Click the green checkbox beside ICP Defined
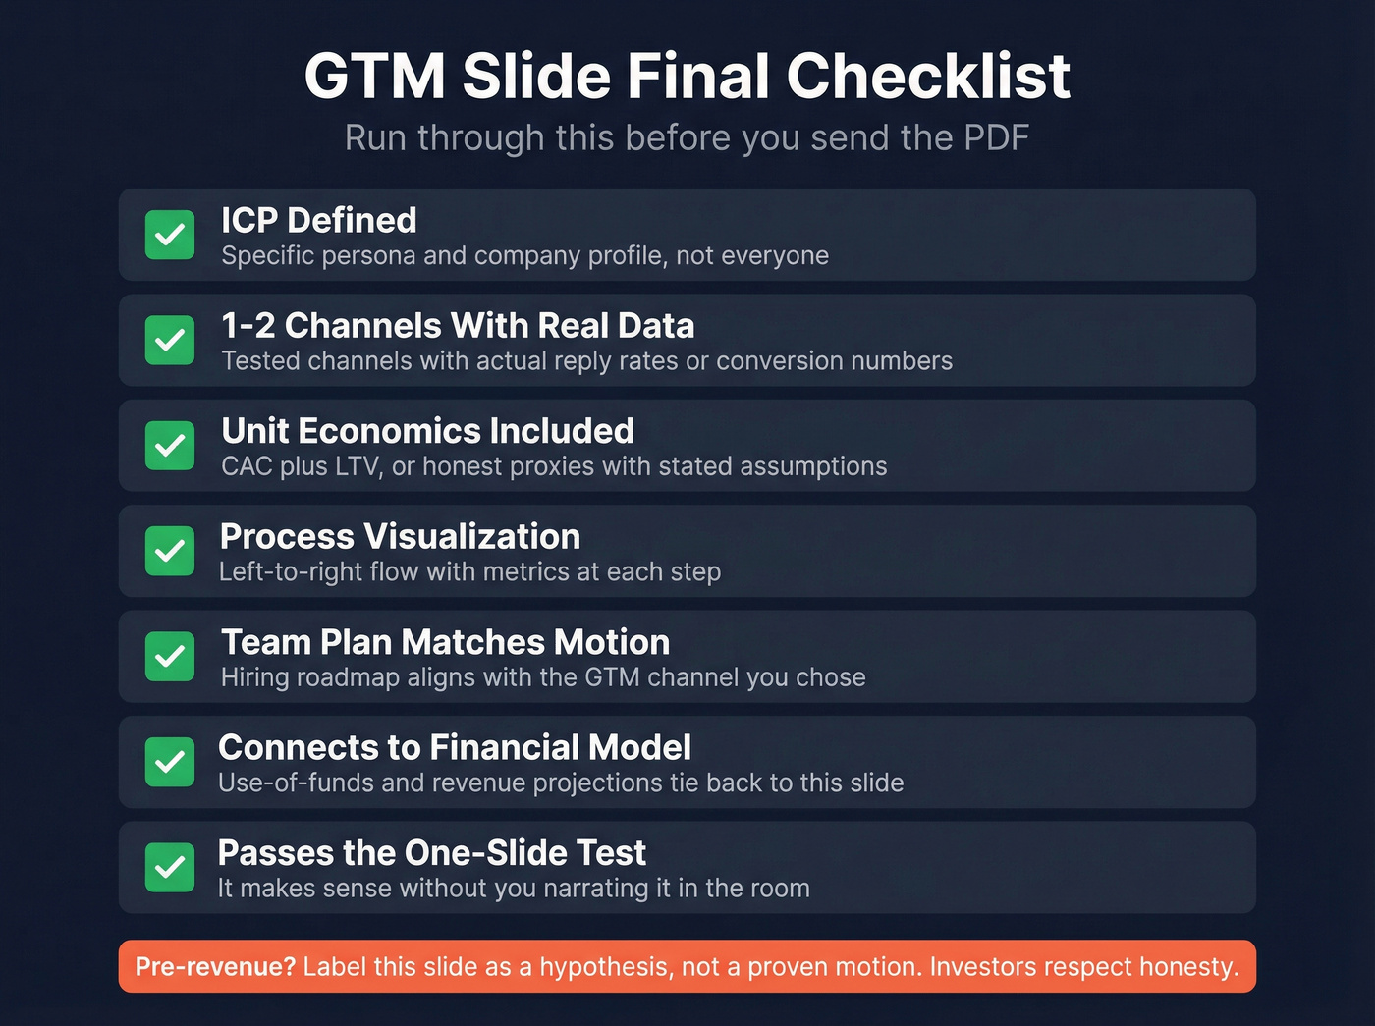170,235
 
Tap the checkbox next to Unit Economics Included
170,446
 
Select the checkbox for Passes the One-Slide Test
170,868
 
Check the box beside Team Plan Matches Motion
170,657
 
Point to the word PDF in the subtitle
996,138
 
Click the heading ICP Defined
319,220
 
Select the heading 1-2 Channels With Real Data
458,326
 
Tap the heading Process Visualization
400,537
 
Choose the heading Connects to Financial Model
455,748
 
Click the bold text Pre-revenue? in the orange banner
215,967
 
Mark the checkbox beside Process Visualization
170,551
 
